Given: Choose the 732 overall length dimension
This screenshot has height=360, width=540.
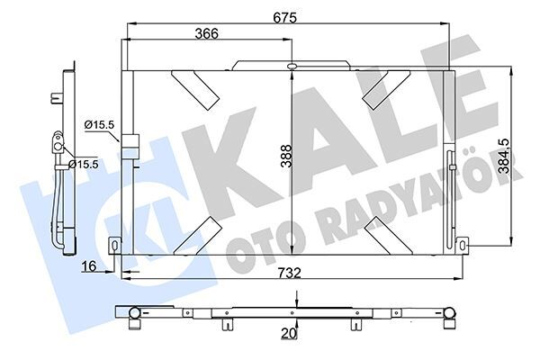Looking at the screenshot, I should (x=287, y=273).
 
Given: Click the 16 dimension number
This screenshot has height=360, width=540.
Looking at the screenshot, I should (x=88, y=266).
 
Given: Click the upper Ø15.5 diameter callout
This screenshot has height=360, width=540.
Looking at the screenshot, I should (x=99, y=125).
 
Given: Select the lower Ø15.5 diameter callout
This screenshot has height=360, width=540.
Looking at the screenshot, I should (x=84, y=164).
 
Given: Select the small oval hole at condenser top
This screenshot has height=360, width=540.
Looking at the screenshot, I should (x=292, y=66).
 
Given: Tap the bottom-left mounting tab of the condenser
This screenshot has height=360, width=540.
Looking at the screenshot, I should (x=114, y=245).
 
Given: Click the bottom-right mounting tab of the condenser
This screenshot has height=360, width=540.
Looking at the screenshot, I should (x=462, y=244).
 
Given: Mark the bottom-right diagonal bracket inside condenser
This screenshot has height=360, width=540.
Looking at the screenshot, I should (x=383, y=235).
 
